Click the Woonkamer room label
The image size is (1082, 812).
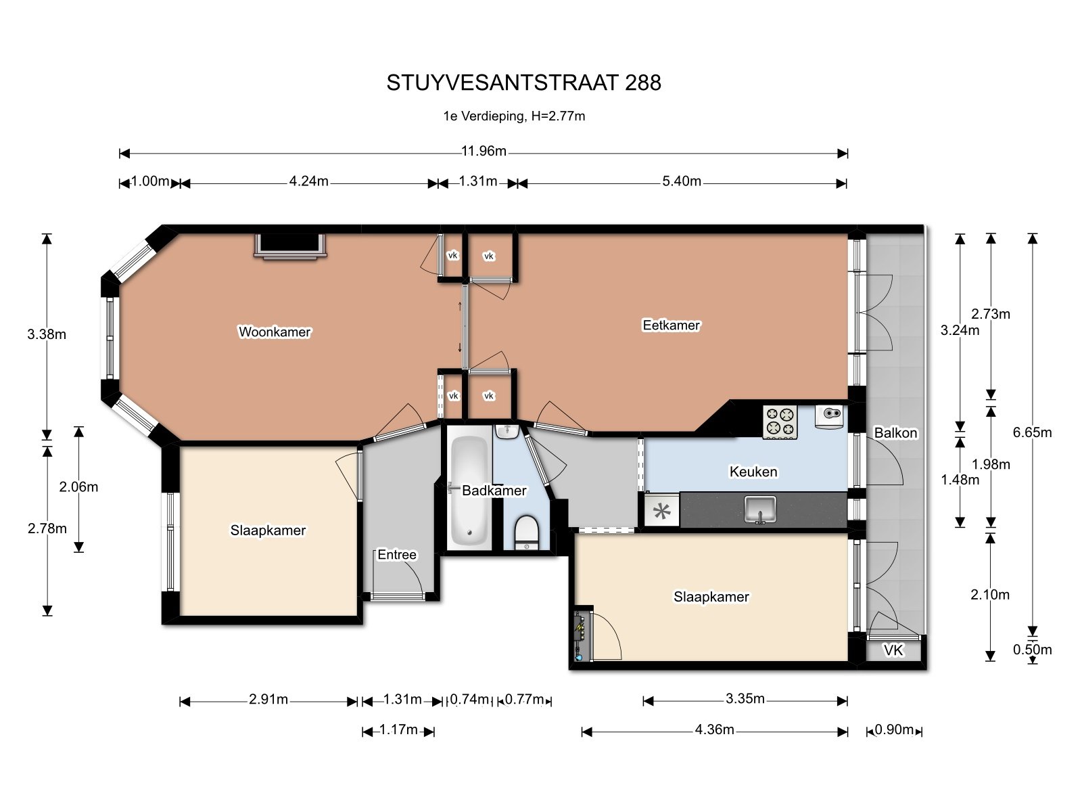[x=275, y=332]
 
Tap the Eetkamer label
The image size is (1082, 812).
[x=671, y=325]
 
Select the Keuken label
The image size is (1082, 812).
[x=753, y=472]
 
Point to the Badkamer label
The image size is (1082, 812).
[x=494, y=491]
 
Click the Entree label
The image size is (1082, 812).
[x=397, y=555]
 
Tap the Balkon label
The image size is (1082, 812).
[x=895, y=433]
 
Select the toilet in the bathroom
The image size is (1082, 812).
[x=526, y=533]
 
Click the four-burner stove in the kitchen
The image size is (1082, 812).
[x=780, y=422]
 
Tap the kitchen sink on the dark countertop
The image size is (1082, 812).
[x=761, y=510]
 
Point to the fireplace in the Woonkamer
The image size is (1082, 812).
[x=290, y=246]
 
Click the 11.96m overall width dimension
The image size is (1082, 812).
[x=484, y=151]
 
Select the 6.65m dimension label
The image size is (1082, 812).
[x=1032, y=432]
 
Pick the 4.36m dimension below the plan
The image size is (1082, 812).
[x=714, y=729]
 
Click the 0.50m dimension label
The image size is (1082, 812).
[x=1032, y=650]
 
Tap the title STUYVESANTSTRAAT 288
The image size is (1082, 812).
[x=523, y=83]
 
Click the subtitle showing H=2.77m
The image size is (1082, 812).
[x=514, y=116]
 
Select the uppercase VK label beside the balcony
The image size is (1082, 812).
[x=893, y=650]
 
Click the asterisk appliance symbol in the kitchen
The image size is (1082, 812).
[x=661, y=511]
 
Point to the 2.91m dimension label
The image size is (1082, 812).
[x=268, y=699]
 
